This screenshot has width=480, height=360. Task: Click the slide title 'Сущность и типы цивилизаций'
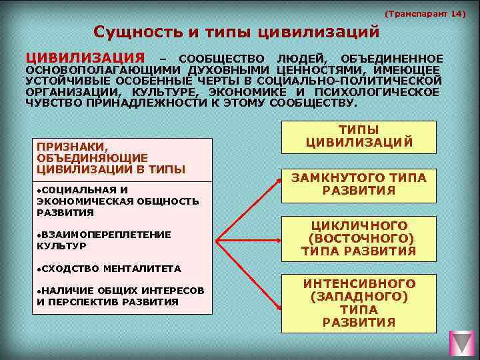click(237, 32)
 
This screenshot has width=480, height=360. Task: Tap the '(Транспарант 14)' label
click(425, 13)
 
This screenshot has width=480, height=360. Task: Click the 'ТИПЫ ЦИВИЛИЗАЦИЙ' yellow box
click(359, 137)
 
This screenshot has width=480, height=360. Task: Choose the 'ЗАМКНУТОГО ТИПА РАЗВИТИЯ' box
click(359, 184)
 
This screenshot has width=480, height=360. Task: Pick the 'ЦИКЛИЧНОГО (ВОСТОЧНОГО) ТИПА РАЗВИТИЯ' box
click(359, 238)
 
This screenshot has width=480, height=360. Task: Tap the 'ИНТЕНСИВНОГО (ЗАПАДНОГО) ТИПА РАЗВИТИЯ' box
click(359, 303)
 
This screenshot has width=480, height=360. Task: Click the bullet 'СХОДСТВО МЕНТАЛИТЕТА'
click(109, 269)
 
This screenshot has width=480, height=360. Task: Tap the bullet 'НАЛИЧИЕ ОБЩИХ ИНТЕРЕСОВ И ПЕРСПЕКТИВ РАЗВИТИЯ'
click(120, 296)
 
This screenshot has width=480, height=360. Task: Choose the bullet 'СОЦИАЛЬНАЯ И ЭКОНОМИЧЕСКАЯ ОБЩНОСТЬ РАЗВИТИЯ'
click(117, 201)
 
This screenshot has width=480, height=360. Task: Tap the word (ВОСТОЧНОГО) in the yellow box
click(361, 238)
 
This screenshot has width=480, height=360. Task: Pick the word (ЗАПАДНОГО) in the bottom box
click(359, 297)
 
